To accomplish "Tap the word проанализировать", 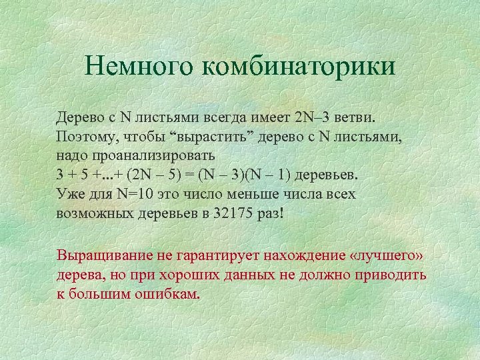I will pyautogui.click(x=151, y=156).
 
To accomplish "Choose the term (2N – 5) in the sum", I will pyautogui.click(x=155, y=175).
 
